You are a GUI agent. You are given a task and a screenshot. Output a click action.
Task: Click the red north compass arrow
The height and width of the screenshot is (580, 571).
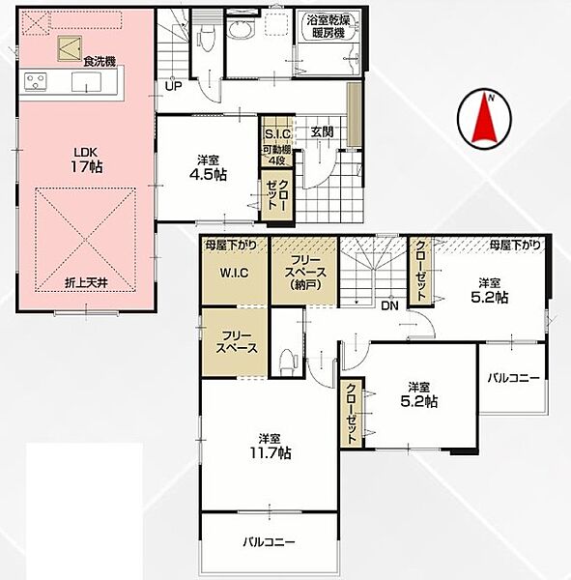(x=484, y=119)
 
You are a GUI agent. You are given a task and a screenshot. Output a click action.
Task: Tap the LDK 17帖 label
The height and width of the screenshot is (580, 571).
(x=86, y=160)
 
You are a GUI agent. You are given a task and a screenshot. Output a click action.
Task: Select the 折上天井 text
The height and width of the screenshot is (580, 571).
(x=86, y=283)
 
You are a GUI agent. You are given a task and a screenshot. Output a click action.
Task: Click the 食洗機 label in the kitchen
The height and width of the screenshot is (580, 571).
(x=100, y=62)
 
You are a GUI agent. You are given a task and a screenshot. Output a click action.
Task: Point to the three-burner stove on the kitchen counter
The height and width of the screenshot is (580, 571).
(x=36, y=82)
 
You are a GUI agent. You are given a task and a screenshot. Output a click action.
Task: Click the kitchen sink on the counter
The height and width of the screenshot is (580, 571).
(x=86, y=82)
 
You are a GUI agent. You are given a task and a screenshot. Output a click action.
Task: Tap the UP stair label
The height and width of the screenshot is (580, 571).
(x=174, y=87)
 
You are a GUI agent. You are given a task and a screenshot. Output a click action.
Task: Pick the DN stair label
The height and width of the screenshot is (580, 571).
(x=389, y=305)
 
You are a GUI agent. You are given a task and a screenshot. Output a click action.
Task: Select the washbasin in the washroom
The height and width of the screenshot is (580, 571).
(x=241, y=28)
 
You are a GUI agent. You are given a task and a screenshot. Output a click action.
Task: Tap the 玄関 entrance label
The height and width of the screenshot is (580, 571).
(x=322, y=132)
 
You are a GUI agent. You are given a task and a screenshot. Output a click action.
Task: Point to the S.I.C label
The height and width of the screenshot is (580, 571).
(x=277, y=134)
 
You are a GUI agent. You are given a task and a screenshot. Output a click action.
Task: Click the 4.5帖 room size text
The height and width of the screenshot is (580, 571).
(x=208, y=174)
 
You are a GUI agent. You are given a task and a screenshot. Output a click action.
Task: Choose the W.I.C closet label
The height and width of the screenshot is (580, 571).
(x=235, y=273)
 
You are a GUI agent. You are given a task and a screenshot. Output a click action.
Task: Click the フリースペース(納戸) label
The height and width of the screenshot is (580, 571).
(x=305, y=273)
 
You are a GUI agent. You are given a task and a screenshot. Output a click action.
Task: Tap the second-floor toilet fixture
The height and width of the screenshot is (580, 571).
(x=288, y=361)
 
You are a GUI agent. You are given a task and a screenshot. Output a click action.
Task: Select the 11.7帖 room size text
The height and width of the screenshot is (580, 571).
(x=271, y=452)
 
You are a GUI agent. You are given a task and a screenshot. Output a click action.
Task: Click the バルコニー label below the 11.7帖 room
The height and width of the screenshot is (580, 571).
(x=269, y=542)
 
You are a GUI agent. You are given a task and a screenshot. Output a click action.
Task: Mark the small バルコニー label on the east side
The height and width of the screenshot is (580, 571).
(x=514, y=378)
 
